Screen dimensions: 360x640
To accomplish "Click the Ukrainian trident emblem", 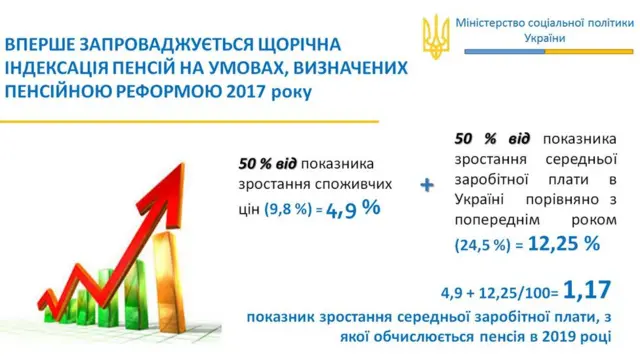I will point(436,36).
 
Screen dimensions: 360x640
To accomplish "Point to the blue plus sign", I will point(428,185).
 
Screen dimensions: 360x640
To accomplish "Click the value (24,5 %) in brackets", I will point(482,243).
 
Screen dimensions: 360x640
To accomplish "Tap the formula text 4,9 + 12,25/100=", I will point(496,294).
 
